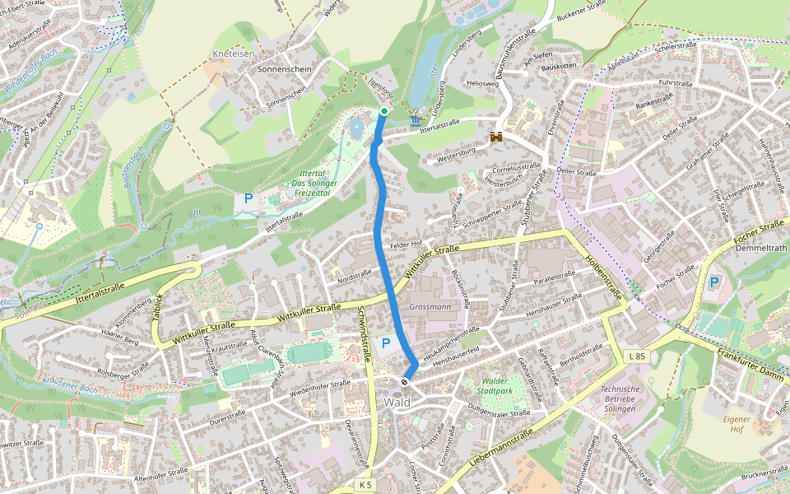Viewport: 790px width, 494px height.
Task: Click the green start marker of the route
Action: tap(383, 110)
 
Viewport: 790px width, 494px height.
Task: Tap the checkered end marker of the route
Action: tap(405, 382)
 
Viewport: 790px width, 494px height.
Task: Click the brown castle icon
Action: tap(497, 137)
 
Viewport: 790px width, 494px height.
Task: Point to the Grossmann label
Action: tap(430, 306)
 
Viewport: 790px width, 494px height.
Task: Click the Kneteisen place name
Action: tap(234, 53)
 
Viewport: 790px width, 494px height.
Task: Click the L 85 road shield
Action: tap(635, 356)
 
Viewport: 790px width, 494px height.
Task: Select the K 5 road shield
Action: tap(366, 485)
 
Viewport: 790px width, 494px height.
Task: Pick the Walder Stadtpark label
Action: tap(495, 386)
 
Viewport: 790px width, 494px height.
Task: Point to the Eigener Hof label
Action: tap(737, 425)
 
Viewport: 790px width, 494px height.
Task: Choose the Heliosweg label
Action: tap(482, 83)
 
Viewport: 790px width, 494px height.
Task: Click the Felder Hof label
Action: tap(406, 245)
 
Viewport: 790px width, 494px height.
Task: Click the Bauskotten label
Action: tap(560, 66)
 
